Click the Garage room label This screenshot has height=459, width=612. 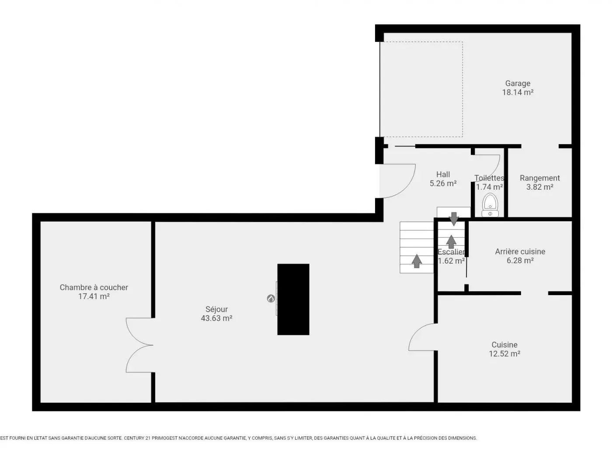(x=518, y=83)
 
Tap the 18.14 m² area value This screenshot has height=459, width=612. (x=518, y=92)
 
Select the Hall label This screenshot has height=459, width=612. (x=443, y=174)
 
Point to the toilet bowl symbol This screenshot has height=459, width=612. (x=490, y=205)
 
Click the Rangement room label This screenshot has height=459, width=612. (x=539, y=178)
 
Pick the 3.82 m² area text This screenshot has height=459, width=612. (x=539, y=187)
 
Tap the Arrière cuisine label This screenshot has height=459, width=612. (x=520, y=251)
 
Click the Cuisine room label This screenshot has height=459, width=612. (x=504, y=345)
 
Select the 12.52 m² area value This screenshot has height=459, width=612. (x=504, y=354)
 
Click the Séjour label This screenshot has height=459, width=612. (x=216, y=309)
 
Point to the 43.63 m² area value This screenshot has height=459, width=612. (x=216, y=318)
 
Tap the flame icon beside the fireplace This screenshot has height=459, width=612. (x=271, y=299)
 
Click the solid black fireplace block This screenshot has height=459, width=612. (x=293, y=299)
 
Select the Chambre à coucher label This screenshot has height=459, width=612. (x=94, y=287)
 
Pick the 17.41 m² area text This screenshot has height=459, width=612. (x=94, y=296)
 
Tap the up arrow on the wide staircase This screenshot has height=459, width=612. (x=417, y=261)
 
